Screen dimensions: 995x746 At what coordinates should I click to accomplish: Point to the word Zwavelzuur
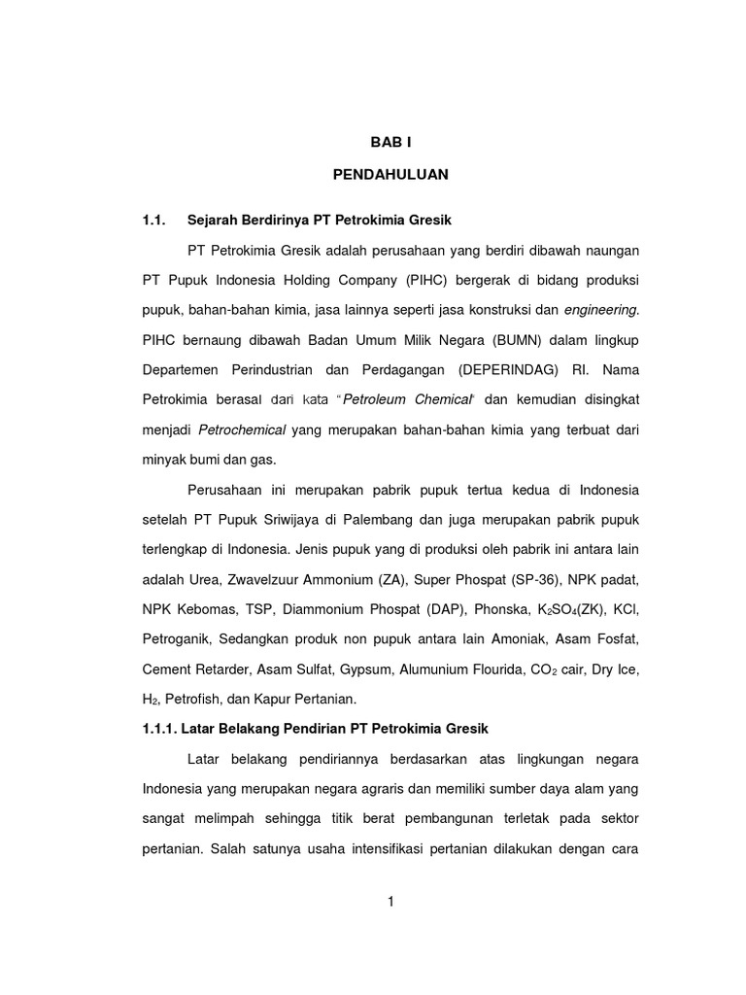[263, 579]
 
